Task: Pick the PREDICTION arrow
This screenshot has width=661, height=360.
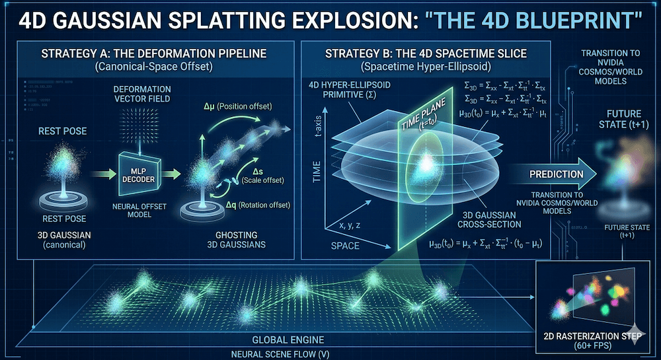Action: (555, 174)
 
